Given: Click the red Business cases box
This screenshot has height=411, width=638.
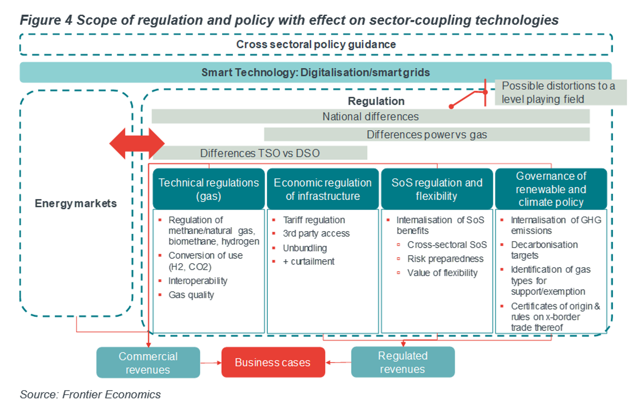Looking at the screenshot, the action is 273,362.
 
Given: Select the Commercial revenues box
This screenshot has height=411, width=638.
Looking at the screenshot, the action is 148,363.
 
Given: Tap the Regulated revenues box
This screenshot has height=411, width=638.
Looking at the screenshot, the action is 403,362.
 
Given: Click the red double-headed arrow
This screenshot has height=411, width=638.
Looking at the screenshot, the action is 137,143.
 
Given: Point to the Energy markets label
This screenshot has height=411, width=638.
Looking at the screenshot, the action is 76,203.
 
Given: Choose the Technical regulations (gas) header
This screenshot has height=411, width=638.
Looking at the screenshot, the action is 209,189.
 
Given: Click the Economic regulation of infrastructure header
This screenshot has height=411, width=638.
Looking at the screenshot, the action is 323,189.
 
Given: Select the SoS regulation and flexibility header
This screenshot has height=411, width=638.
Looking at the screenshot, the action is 437,189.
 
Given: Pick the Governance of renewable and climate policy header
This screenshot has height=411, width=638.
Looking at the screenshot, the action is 551,189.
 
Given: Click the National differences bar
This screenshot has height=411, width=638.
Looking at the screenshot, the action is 371,117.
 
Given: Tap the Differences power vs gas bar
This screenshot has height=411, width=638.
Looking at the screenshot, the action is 427,134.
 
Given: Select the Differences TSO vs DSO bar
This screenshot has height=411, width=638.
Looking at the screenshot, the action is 260,153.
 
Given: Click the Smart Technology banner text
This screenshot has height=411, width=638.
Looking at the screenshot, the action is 316,72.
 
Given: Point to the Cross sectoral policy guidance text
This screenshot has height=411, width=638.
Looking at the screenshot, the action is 316,44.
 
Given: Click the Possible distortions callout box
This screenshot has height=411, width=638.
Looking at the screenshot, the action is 561,92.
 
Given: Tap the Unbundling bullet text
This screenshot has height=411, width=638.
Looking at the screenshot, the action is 305,248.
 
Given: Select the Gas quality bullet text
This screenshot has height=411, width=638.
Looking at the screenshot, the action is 191,295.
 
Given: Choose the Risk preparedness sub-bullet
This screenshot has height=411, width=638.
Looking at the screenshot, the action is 445,259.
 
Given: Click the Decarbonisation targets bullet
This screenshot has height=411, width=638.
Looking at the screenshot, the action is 544,250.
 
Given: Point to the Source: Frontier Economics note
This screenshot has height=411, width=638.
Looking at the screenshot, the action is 90,394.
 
